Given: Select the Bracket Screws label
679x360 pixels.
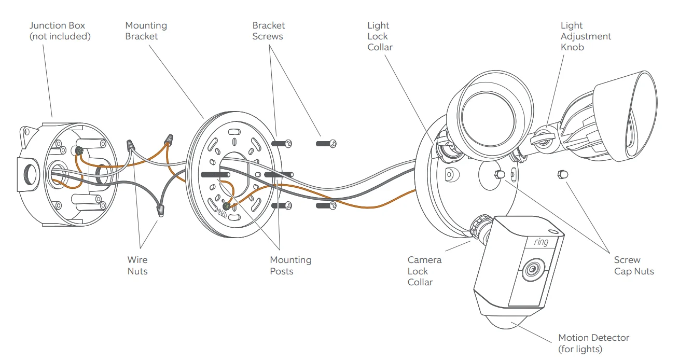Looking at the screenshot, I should pyautogui.click(x=268, y=31).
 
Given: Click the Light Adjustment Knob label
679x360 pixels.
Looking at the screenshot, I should pyautogui.click(x=586, y=36).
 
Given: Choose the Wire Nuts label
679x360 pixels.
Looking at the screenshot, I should pyautogui.click(x=137, y=265).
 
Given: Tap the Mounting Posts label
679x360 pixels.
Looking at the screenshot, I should pyautogui.click(x=290, y=265).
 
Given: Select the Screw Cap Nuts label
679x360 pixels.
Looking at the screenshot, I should pyautogui.click(x=633, y=265).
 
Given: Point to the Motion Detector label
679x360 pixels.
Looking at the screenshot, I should pyautogui.click(x=593, y=343).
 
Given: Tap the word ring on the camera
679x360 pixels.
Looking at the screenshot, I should pyautogui.click(x=541, y=242).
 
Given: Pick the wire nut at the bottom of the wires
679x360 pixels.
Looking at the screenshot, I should pyautogui.click(x=160, y=211).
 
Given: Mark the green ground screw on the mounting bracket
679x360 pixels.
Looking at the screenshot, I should pyautogui.click(x=226, y=207).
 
